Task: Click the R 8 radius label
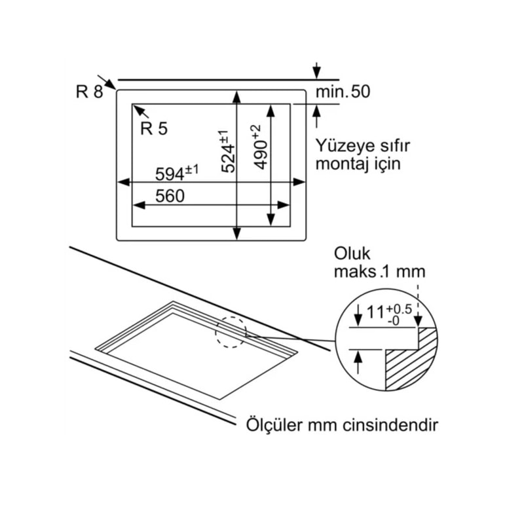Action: point(90,92)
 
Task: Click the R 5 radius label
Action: point(154,129)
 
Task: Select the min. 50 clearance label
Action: point(343,92)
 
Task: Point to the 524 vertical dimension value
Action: point(226,152)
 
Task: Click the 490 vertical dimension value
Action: point(259,148)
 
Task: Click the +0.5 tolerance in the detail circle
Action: point(399,309)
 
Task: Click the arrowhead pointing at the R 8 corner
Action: point(112,84)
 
